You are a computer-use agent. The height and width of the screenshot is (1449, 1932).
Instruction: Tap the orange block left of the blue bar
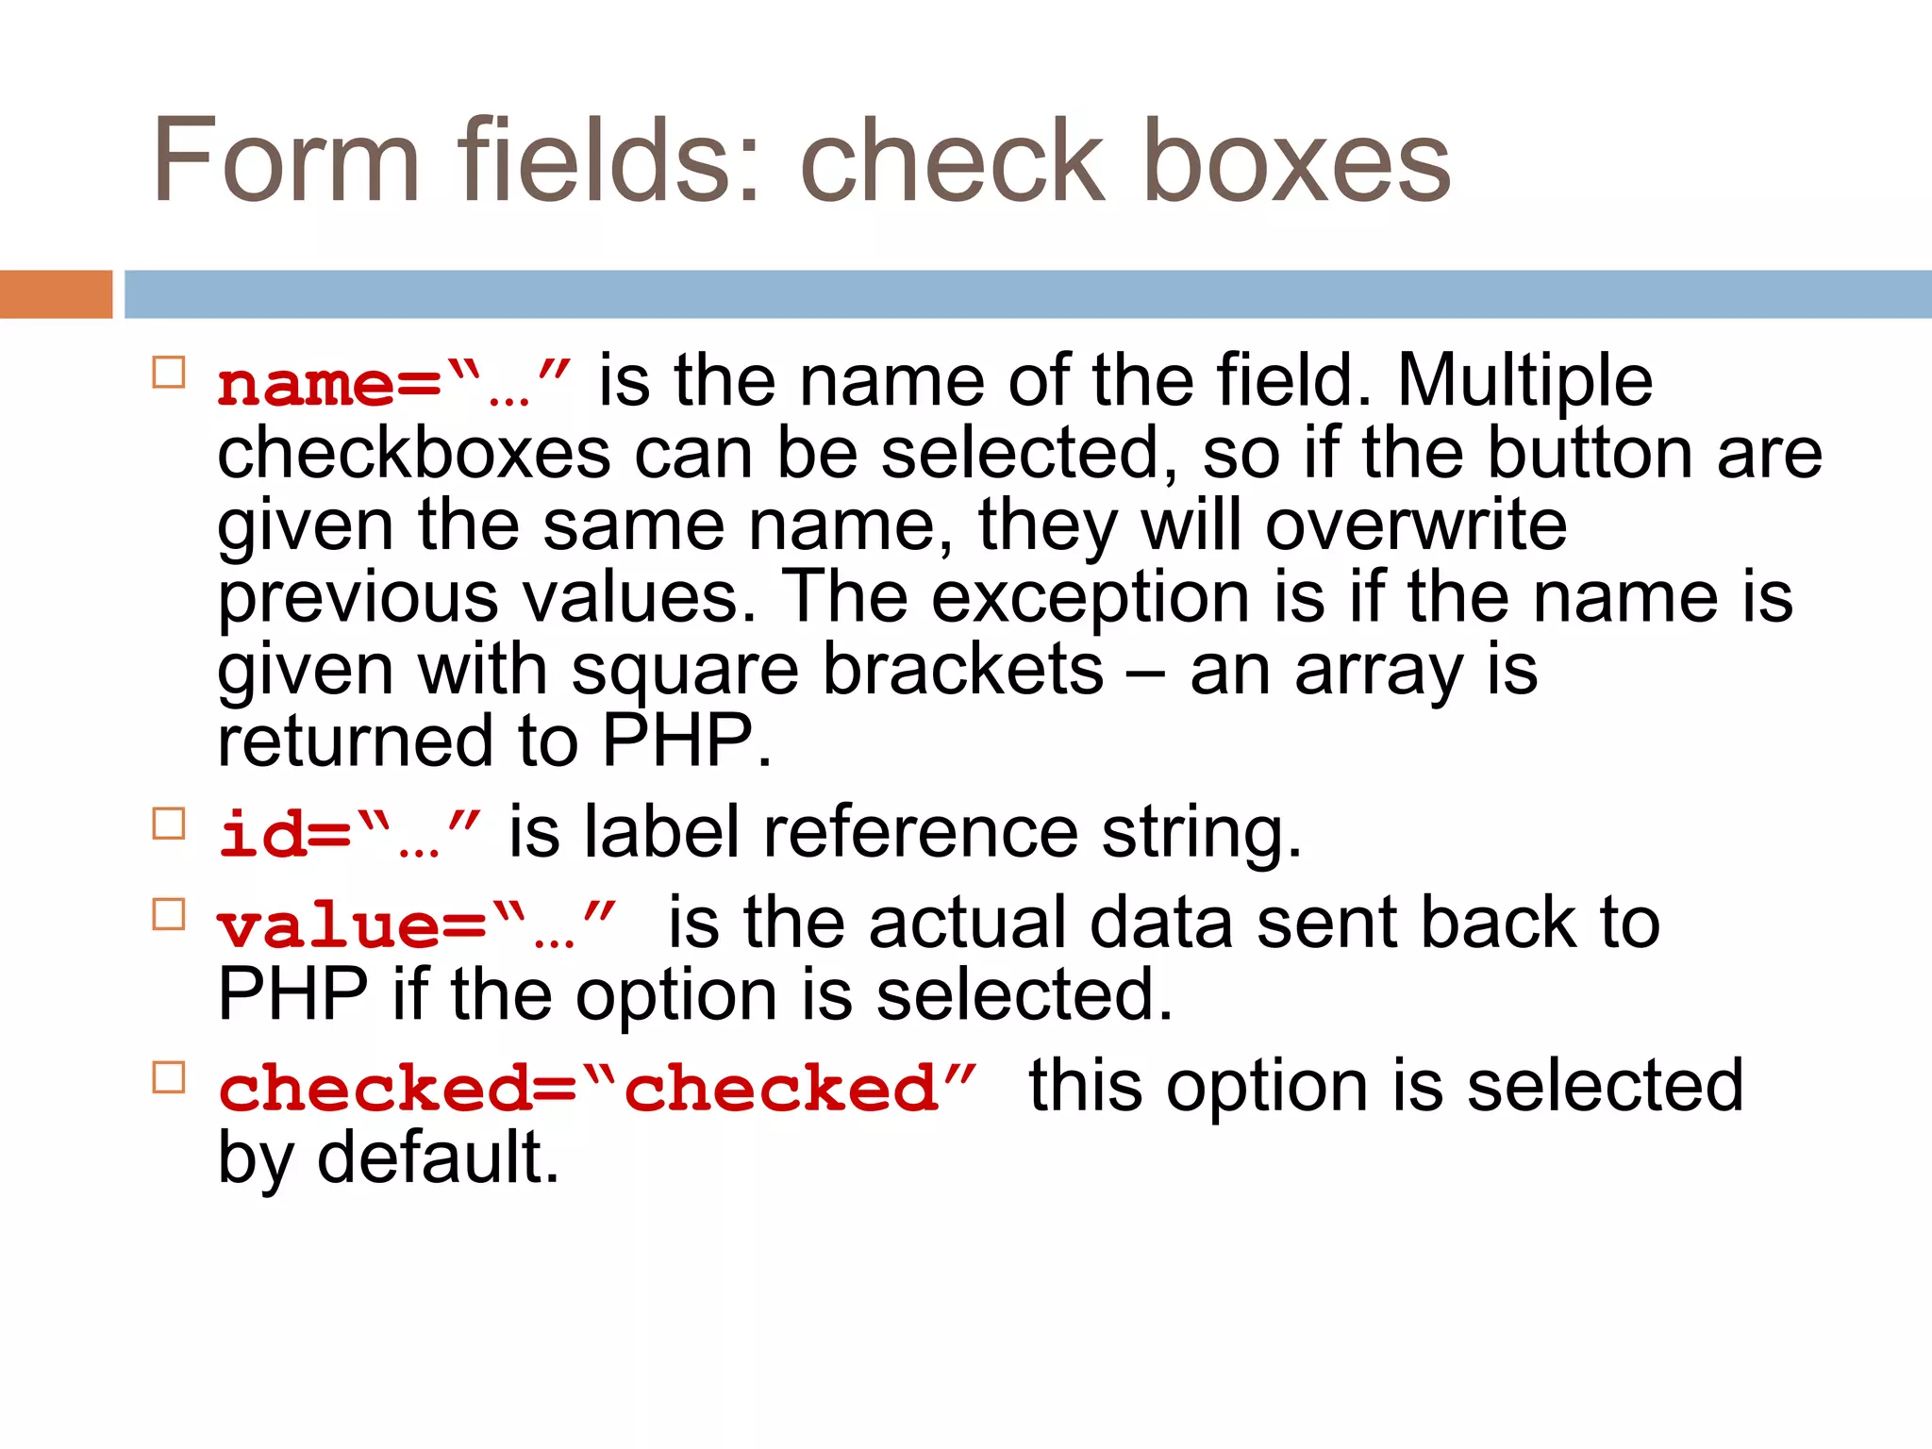56,294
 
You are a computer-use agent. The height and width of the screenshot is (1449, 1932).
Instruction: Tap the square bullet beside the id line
169,824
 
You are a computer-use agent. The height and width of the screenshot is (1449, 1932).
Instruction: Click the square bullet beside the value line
169,914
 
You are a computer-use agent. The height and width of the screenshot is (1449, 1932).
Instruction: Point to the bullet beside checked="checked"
169,1076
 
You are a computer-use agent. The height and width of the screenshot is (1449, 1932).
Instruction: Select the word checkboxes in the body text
414,454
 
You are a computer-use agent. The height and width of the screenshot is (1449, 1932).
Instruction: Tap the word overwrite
1416,525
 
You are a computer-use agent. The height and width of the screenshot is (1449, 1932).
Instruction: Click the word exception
1091,597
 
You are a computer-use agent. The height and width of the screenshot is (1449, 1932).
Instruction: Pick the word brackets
962,669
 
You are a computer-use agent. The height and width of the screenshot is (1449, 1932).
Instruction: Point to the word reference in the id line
921,833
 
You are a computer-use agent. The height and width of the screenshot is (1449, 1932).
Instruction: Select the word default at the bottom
438,1158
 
